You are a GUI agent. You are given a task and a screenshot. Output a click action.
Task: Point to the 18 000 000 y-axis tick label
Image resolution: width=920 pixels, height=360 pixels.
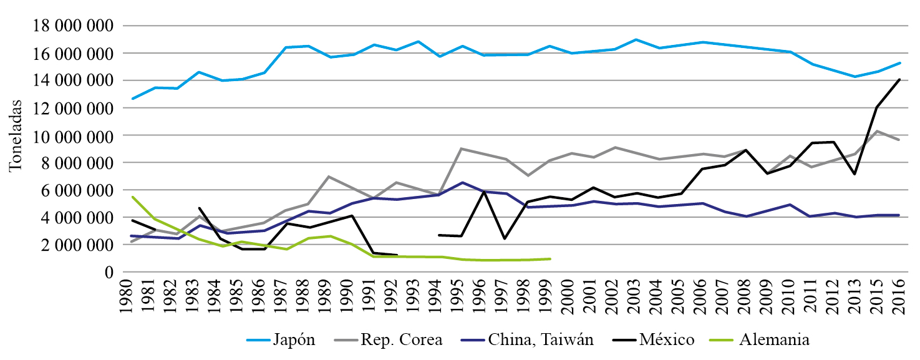(73, 26)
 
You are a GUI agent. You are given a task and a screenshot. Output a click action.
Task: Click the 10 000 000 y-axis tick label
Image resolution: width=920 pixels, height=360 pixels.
(73, 135)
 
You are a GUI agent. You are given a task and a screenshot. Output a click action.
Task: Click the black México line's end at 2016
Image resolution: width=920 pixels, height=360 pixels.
(899, 79)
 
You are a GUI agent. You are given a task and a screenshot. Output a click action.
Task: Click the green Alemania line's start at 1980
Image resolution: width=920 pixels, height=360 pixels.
(132, 197)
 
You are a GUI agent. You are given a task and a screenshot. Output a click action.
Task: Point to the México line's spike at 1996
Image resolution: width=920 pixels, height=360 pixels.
(484, 192)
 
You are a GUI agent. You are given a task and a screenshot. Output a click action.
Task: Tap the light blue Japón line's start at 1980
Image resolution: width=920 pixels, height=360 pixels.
(132, 99)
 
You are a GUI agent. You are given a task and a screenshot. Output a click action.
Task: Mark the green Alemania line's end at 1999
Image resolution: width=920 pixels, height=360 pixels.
(550, 258)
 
